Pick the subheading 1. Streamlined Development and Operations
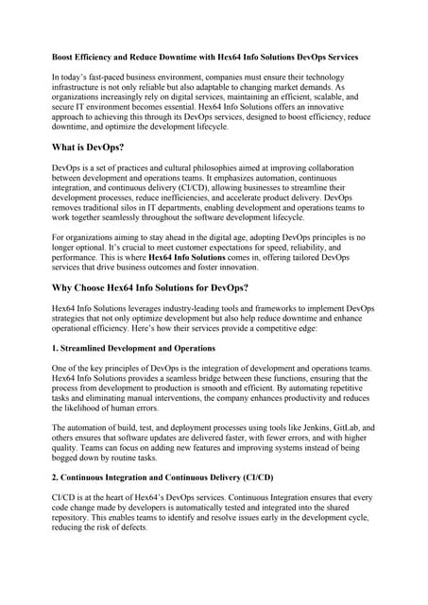134,349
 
